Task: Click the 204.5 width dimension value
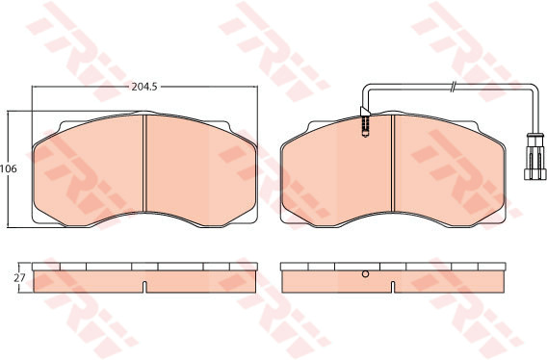point(144,87)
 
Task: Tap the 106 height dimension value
point(9,169)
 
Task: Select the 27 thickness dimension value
point(20,278)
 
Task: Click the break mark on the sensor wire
point(453,87)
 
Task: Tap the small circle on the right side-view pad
point(365,273)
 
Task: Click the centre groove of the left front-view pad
point(144,164)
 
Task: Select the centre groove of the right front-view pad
point(393,164)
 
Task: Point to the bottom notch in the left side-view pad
point(144,287)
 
